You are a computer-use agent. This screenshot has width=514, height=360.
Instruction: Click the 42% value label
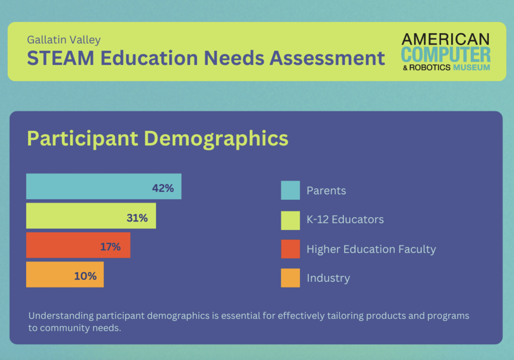click(163, 188)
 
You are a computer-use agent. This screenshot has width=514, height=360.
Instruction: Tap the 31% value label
click(137, 218)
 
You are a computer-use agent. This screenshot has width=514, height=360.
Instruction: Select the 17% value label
click(110, 247)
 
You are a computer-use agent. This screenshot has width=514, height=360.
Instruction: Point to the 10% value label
click(85, 276)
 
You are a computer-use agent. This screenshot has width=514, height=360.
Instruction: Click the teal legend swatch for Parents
click(290, 190)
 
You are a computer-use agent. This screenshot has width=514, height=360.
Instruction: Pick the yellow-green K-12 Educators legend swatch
click(290, 220)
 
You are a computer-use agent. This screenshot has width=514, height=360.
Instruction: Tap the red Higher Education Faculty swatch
click(290, 249)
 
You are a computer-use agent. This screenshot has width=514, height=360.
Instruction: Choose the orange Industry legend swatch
click(290, 278)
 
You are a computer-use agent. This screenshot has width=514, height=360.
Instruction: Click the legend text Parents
click(326, 191)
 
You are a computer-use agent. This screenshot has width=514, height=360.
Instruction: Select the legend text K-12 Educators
click(345, 219)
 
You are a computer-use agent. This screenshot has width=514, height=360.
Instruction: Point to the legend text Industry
click(328, 278)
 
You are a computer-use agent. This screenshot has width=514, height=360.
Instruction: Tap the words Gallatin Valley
click(64, 40)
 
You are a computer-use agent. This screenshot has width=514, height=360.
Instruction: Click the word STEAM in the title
click(60, 58)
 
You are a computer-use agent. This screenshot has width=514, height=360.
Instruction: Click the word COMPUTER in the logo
click(446, 55)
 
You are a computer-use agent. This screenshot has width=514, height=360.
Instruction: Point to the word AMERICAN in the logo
click(445, 39)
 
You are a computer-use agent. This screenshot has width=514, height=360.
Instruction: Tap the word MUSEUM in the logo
click(472, 68)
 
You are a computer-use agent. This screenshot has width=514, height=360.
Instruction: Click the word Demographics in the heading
click(216, 139)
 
